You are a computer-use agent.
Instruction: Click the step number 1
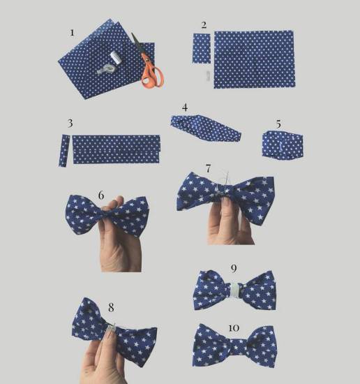pos(72,33)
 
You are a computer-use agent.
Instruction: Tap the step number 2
pos(204,25)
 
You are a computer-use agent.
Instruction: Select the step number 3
pos(70,123)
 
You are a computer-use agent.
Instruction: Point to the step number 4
pos(185,108)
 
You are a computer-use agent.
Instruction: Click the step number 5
pos(278,124)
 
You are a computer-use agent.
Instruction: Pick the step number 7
pos(208,169)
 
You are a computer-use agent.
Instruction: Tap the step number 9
pos(234,269)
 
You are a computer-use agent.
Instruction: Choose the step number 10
pos(234,328)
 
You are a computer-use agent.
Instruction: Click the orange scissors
pos(148,64)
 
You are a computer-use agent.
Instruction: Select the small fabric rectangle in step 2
pos(202,48)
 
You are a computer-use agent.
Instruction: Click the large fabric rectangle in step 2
pos(255,59)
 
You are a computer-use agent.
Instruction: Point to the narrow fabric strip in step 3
pos(64,151)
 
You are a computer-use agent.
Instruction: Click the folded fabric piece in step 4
pos(206,128)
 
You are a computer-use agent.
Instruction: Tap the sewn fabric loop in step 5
pos(283,145)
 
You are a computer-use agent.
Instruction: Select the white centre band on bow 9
pos(234,290)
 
